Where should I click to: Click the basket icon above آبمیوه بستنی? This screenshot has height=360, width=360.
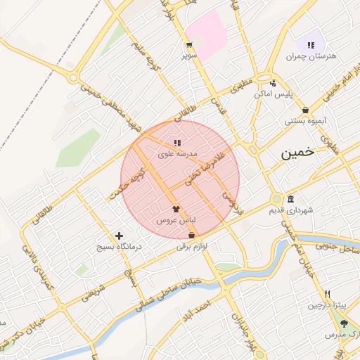coord(305,110)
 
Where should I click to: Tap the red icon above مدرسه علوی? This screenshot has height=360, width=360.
coord(176,143)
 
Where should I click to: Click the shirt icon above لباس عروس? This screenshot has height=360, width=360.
coord(176,210)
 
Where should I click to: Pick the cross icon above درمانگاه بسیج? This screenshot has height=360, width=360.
coord(119,236)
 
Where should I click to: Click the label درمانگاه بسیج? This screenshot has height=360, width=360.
coord(119,247)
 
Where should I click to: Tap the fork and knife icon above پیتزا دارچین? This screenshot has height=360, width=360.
coord(327,295)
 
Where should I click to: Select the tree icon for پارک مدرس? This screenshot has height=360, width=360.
coord(344,324)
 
